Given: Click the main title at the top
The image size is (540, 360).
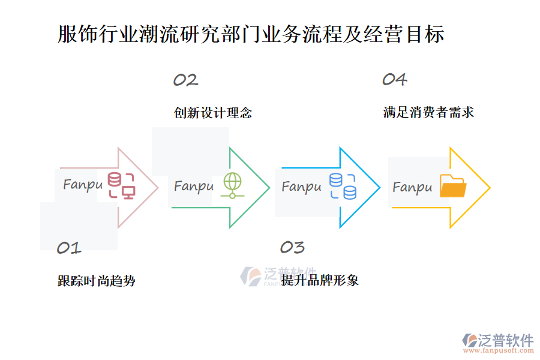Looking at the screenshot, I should click(x=251, y=34).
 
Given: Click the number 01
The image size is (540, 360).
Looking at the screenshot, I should click(x=68, y=248).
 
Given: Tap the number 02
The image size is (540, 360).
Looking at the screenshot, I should click(x=185, y=80).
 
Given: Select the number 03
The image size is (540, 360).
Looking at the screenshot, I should click(x=292, y=247).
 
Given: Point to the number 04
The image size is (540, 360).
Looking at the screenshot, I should click(x=395, y=79).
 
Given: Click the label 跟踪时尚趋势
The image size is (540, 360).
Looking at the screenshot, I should click(x=96, y=281).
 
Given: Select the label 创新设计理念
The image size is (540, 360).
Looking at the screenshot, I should click(x=213, y=113).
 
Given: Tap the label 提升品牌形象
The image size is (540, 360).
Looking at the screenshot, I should click(x=320, y=280).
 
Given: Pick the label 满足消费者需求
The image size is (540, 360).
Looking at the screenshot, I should click(x=428, y=112).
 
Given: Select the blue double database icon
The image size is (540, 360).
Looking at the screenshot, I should click(x=343, y=186).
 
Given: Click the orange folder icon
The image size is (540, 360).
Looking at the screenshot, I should click(x=453, y=186).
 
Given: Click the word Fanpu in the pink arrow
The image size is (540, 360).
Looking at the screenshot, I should click(x=83, y=185).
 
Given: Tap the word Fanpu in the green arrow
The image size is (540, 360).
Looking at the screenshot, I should click(x=193, y=187).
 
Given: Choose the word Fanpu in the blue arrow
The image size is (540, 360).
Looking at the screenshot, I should click(x=301, y=187).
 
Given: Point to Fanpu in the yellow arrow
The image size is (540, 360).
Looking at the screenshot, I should click(x=412, y=188).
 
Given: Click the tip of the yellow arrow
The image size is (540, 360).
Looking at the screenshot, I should click(x=488, y=188).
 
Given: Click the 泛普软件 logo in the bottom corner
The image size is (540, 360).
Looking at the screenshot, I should click(x=497, y=340).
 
